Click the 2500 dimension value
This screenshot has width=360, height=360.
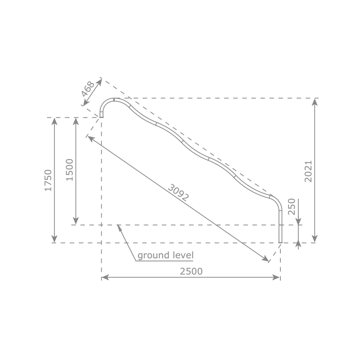(x=191, y=271)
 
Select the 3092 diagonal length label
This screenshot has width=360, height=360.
(x=178, y=193)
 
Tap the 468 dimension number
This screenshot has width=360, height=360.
(x=88, y=89)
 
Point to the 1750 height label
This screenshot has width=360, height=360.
(x=48, y=180)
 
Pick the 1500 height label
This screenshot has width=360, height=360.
(x=70, y=170)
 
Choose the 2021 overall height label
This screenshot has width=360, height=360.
(x=308, y=171)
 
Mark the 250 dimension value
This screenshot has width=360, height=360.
(x=292, y=207)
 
